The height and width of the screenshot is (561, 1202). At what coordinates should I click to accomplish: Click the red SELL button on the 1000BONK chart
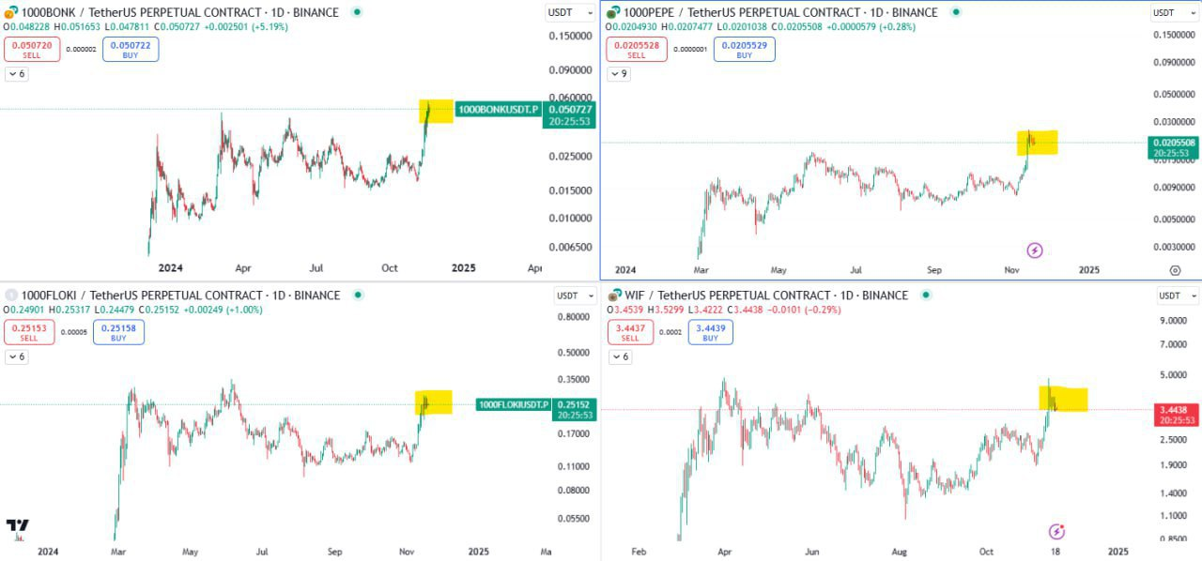pos(32,49)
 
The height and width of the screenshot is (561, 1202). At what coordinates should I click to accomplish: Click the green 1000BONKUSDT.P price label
pos(499,110)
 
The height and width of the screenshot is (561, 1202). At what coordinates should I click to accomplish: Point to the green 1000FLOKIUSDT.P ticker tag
pos(513,404)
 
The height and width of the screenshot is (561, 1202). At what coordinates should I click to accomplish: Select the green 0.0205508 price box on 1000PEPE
pos(1172,147)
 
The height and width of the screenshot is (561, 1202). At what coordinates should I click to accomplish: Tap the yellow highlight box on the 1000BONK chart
pos(437,111)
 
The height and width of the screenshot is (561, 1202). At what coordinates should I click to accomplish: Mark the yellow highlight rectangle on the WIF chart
pos(1063,399)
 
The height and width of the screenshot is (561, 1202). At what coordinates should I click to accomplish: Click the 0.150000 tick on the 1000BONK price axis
pos(571,36)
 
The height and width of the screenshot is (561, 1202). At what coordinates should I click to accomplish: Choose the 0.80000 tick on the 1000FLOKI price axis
pos(572,317)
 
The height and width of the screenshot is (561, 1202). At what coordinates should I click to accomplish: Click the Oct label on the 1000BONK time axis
pos(390,267)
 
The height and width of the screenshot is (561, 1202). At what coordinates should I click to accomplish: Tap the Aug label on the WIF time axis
pos(899,551)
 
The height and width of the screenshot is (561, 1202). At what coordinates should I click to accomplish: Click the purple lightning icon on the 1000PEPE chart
pos(1035,250)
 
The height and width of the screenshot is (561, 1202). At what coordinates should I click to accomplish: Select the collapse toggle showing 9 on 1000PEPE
pos(619,73)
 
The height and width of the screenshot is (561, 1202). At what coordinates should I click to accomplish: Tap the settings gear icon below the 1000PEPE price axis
pos(1175,270)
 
